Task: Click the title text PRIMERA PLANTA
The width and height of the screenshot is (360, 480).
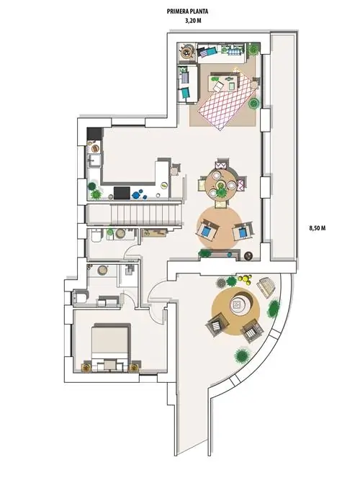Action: [187, 12]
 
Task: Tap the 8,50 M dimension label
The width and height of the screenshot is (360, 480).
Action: [317, 228]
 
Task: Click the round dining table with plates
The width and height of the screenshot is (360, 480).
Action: [220, 184]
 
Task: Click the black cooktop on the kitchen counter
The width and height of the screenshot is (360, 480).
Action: [122, 193]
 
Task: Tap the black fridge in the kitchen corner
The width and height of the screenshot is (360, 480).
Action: [94, 133]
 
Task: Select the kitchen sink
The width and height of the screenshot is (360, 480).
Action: [94, 160]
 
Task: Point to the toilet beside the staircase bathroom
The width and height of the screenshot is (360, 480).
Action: [96, 235]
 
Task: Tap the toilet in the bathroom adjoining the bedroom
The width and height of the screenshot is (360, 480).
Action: [80, 297]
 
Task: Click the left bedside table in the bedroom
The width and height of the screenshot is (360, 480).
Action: [86, 367]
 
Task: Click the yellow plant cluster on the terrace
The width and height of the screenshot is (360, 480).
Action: [245, 279]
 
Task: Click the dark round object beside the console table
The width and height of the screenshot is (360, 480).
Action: [248, 255]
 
